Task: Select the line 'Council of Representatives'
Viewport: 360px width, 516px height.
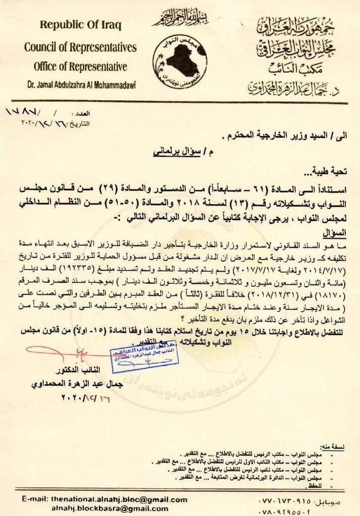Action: click(80, 47)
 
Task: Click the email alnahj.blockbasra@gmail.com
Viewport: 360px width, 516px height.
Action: click(118, 509)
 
